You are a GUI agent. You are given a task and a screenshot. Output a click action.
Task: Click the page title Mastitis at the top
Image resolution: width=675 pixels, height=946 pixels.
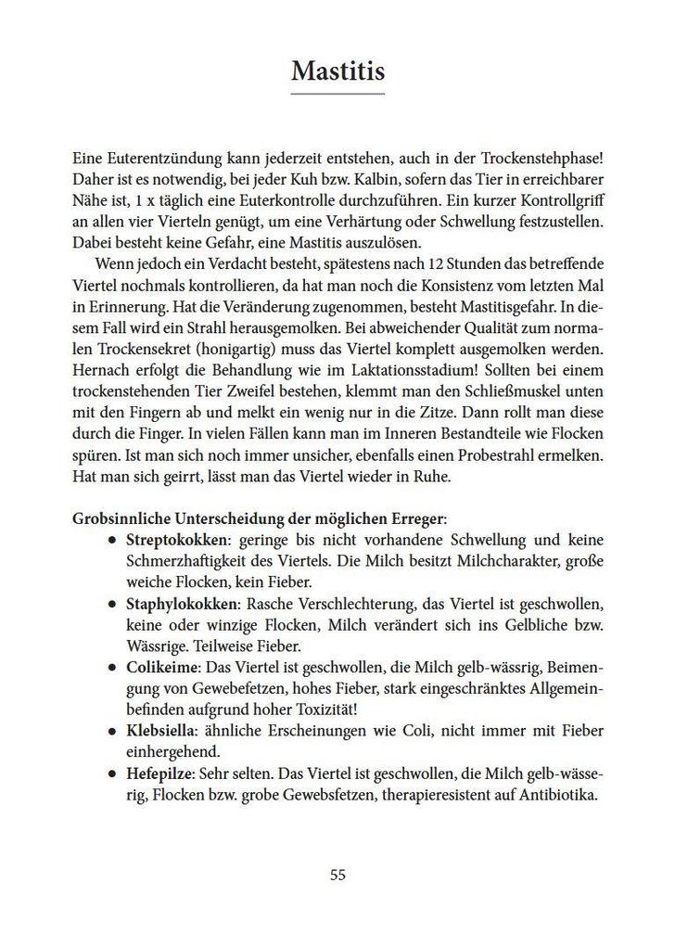click(337, 70)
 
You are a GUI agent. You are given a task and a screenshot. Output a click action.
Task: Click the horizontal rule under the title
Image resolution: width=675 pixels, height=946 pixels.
click(337, 94)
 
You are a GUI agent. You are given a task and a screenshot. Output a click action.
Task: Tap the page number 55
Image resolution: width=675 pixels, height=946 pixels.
click(337, 874)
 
